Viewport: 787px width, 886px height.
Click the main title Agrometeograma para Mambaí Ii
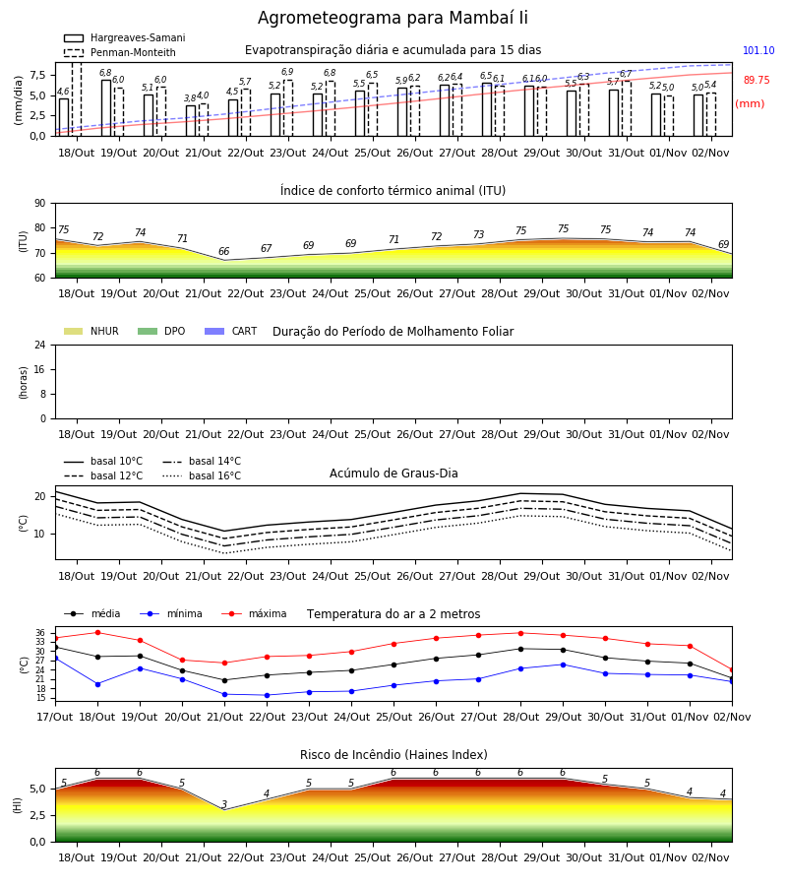pos(393,18)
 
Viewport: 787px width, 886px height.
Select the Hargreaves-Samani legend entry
pos(124,37)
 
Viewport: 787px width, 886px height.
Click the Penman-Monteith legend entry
pos(120,52)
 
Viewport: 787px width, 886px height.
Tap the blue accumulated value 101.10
pos(758,50)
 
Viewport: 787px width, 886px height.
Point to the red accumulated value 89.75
pos(757,80)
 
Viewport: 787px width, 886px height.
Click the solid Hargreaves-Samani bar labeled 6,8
pos(106,108)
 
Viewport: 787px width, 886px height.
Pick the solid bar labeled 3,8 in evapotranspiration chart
pos(191,121)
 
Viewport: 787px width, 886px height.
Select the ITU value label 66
pos(223,251)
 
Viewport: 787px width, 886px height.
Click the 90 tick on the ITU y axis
pos(40,204)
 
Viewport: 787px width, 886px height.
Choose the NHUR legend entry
pos(91,331)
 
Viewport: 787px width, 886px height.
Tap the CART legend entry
pos(231,331)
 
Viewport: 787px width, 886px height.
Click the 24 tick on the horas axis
pos(40,345)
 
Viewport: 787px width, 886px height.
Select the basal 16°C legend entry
pos(202,475)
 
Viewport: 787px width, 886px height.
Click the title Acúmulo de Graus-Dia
pos(393,473)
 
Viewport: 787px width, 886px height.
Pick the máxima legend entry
pos(255,613)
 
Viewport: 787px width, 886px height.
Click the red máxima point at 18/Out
pos(97,632)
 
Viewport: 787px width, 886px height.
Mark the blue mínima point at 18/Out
pos(97,684)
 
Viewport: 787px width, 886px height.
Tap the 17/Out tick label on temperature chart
pos(55,717)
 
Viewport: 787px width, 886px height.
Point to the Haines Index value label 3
pos(224,804)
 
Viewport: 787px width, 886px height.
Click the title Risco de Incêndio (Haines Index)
pos(393,755)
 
